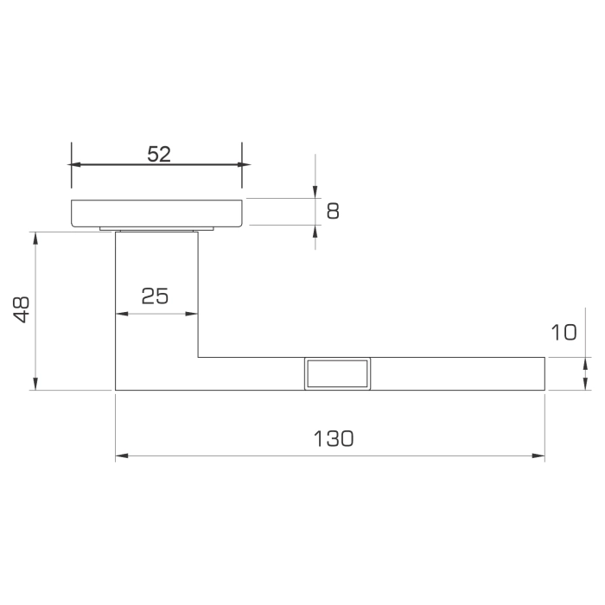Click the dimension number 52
159,154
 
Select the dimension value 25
155,296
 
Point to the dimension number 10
563,332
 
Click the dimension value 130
333,438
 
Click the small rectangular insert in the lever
337,373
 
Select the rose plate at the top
156,213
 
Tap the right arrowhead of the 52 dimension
238,164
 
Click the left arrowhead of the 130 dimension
121,455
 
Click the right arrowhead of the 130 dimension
539,455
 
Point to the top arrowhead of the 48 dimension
35,237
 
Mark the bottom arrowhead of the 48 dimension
35,385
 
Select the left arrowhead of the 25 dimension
121,314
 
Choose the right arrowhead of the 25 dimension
193,314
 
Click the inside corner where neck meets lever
199,356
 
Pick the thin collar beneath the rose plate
156,229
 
